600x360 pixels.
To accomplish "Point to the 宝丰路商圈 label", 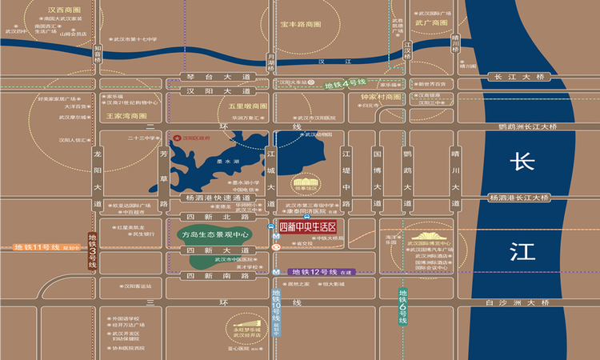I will [x=300, y=25].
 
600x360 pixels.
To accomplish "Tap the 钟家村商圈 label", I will [x=380, y=97].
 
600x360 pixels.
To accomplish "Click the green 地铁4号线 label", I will [x=345, y=83].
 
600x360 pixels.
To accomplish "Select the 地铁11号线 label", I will [x=38, y=247].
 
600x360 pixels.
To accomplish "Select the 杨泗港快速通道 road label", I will [x=217, y=197].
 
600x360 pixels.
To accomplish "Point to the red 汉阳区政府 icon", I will [x=177, y=137].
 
